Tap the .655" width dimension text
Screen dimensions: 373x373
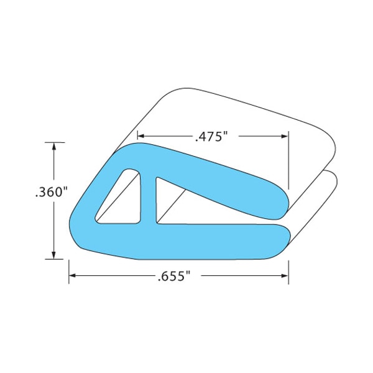pyautogui.click(x=174, y=276)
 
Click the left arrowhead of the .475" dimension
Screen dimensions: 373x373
pyautogui.click(x=141, y=136)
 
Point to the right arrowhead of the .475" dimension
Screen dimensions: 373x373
pyautogui.click(x=285, y=136)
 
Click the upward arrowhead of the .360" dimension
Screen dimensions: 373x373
pyautogui.click(x=54, y=146)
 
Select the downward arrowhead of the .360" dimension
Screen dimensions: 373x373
pyautogui.click(x=54, y=256)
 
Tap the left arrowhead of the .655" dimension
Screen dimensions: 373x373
pyautogui.click(x=72, y=275)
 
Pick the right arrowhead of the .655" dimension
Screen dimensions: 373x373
pyautogui.click(x=285, y=275)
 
